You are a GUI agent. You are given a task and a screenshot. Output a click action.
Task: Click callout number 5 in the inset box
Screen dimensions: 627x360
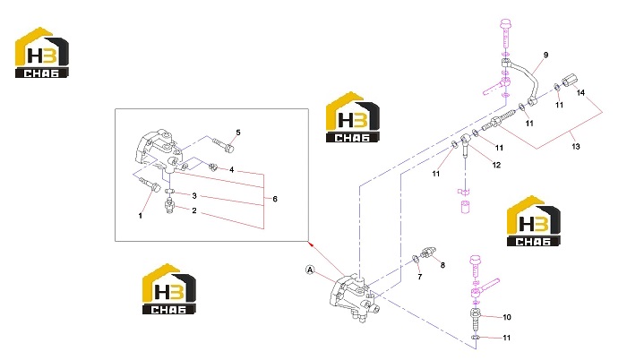(238, 133)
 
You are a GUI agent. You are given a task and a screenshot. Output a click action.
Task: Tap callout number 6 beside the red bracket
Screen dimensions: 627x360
(275, 199)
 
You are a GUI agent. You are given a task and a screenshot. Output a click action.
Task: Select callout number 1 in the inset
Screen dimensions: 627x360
(140, 216)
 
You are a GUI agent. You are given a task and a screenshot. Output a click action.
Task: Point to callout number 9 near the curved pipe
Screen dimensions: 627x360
(545, 55)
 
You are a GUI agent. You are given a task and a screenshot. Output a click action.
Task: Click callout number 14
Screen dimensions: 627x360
(580, 93)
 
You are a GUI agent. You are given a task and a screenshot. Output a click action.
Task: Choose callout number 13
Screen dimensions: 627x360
(575, 146)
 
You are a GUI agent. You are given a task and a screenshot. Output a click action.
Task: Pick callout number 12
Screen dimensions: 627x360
(496, 165)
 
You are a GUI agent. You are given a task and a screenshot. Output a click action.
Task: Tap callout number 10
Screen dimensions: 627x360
(507, 317)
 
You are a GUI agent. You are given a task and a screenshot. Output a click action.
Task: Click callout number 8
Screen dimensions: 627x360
(442, 265)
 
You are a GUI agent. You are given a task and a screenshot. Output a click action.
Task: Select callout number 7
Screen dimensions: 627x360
(419, 277)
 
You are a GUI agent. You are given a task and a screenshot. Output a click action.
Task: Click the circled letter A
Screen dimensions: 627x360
(310, 270)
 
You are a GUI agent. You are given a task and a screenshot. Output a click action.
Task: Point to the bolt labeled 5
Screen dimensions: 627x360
(223, 145)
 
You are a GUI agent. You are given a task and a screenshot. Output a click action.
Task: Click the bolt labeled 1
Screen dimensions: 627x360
(150, 184)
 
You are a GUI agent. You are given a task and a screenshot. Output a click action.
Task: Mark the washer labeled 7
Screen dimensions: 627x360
(416, 260)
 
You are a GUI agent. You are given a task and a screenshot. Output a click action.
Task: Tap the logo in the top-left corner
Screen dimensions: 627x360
(42, 53)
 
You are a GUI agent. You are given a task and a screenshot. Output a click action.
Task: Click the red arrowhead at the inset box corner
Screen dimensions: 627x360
(311, 244)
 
